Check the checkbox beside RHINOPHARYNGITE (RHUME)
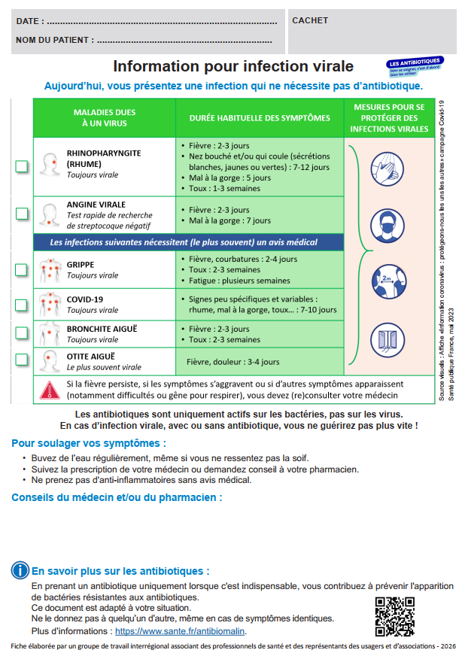(x=22, y=166)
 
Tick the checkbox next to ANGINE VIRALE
(x=22, y=214)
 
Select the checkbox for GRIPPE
(x=22, y=269)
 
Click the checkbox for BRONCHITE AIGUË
(x=22, y=333)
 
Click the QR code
(x=394, y=616)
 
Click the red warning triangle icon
(x=49, y=390)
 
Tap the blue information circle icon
(x=20, y=571)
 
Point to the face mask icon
(x=388, y=224)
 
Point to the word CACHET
(x=310, y=20)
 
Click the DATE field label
(x=29, y=20)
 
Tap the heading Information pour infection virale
(x=232, y=67)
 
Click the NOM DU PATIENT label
(x=55, y=40)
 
